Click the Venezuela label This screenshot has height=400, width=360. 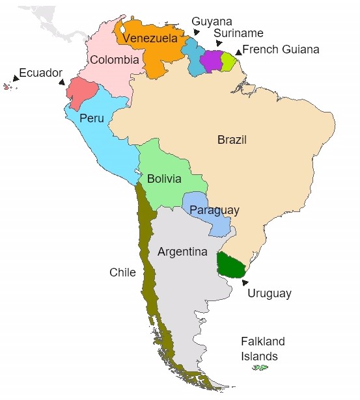(x=150, y=39)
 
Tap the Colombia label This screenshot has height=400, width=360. (x=115, y=60)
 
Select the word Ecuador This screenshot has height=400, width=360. (x=40, y=73)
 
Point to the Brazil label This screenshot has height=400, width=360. (x=232, y=140)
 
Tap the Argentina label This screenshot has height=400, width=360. (x=182, y=252)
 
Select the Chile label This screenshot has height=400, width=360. (x=122, y=272)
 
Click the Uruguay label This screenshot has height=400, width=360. (x=269, y=293)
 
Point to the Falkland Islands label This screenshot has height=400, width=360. (x=263, y=349)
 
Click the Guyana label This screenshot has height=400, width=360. (x=212, y=21)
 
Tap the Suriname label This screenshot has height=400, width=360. (x=238, y=33)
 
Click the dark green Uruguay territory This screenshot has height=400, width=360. (x=230, y=264)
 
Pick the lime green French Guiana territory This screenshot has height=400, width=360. (x=227, y=61)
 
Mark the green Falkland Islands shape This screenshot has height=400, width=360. (x=260, y=368)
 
